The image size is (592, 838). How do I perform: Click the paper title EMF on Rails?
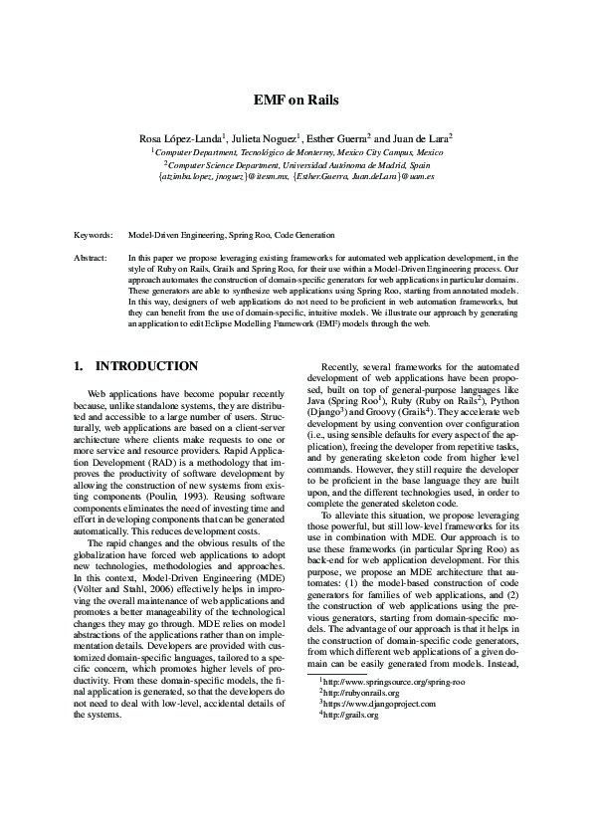tap(296, 100)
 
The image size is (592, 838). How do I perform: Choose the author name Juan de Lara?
tap(421, 137)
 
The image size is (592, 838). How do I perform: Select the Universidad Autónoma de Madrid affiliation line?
tap(296, 164)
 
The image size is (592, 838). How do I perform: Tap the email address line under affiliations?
tap(296, 176)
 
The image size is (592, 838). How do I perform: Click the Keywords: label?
tap(94, 235)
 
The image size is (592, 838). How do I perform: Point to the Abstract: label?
tap(92, 258)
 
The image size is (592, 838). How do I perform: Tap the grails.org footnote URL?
tap(351, 715)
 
